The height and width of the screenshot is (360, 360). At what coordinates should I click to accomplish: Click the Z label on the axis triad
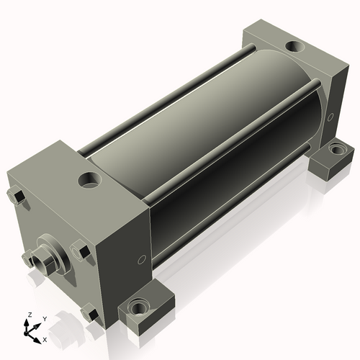click(30, 315)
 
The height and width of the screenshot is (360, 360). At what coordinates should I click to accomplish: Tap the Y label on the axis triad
click(45, 319)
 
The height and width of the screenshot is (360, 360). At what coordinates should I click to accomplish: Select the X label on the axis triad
click(45, 340)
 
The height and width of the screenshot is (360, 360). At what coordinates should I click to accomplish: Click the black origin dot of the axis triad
click(25, 333)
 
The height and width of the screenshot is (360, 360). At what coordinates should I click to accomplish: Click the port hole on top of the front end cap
click(90, 180)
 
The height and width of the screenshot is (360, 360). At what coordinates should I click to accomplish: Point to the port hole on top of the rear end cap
click(294, 46)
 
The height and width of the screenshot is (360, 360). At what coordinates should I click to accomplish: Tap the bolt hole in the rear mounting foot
click(336, 149)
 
